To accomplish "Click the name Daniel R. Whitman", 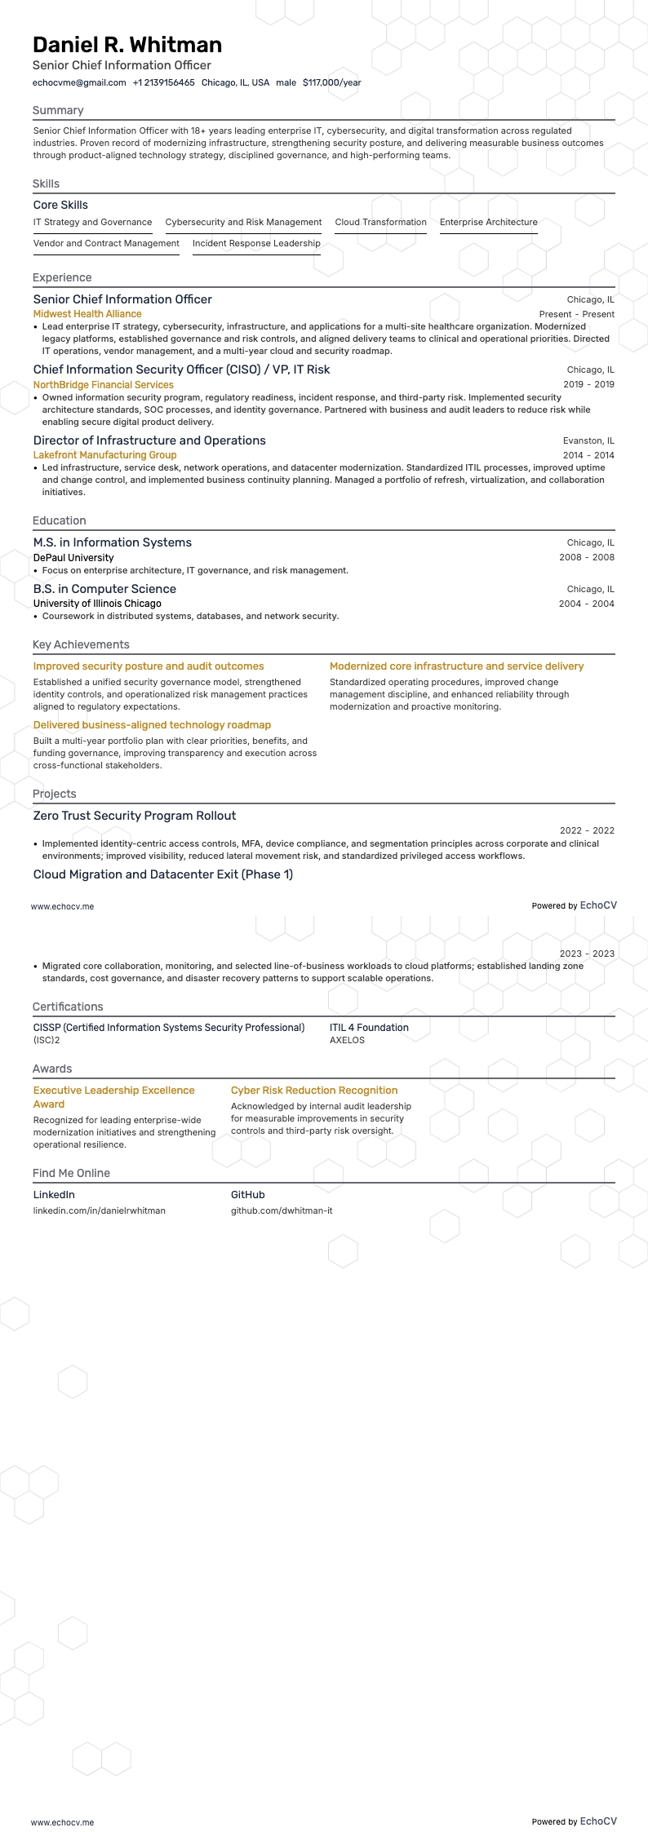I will point(127,44).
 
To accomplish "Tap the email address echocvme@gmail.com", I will point(79,82).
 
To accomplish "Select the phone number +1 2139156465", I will point(163,82).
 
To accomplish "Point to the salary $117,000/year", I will point(331,82).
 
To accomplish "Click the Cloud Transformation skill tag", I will point(380,222).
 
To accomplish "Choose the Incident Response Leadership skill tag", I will point(256,243).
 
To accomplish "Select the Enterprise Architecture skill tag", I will point(488,222).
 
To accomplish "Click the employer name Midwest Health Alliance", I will point(87,314).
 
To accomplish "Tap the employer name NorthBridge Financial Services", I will point(103,385).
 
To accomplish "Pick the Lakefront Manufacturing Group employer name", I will point(104,455).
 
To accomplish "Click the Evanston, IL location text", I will point(588,440).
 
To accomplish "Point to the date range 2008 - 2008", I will point(586,557).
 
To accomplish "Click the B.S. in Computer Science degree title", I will point(104,589).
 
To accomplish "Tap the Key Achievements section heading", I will point(81,644).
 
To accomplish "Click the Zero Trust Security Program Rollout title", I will point(135,816).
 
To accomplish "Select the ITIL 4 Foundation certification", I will point(369,1028).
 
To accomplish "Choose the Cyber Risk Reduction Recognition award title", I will point(314,1091).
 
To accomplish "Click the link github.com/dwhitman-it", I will point(282,1210).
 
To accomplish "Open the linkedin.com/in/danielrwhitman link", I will point(99,1210).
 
